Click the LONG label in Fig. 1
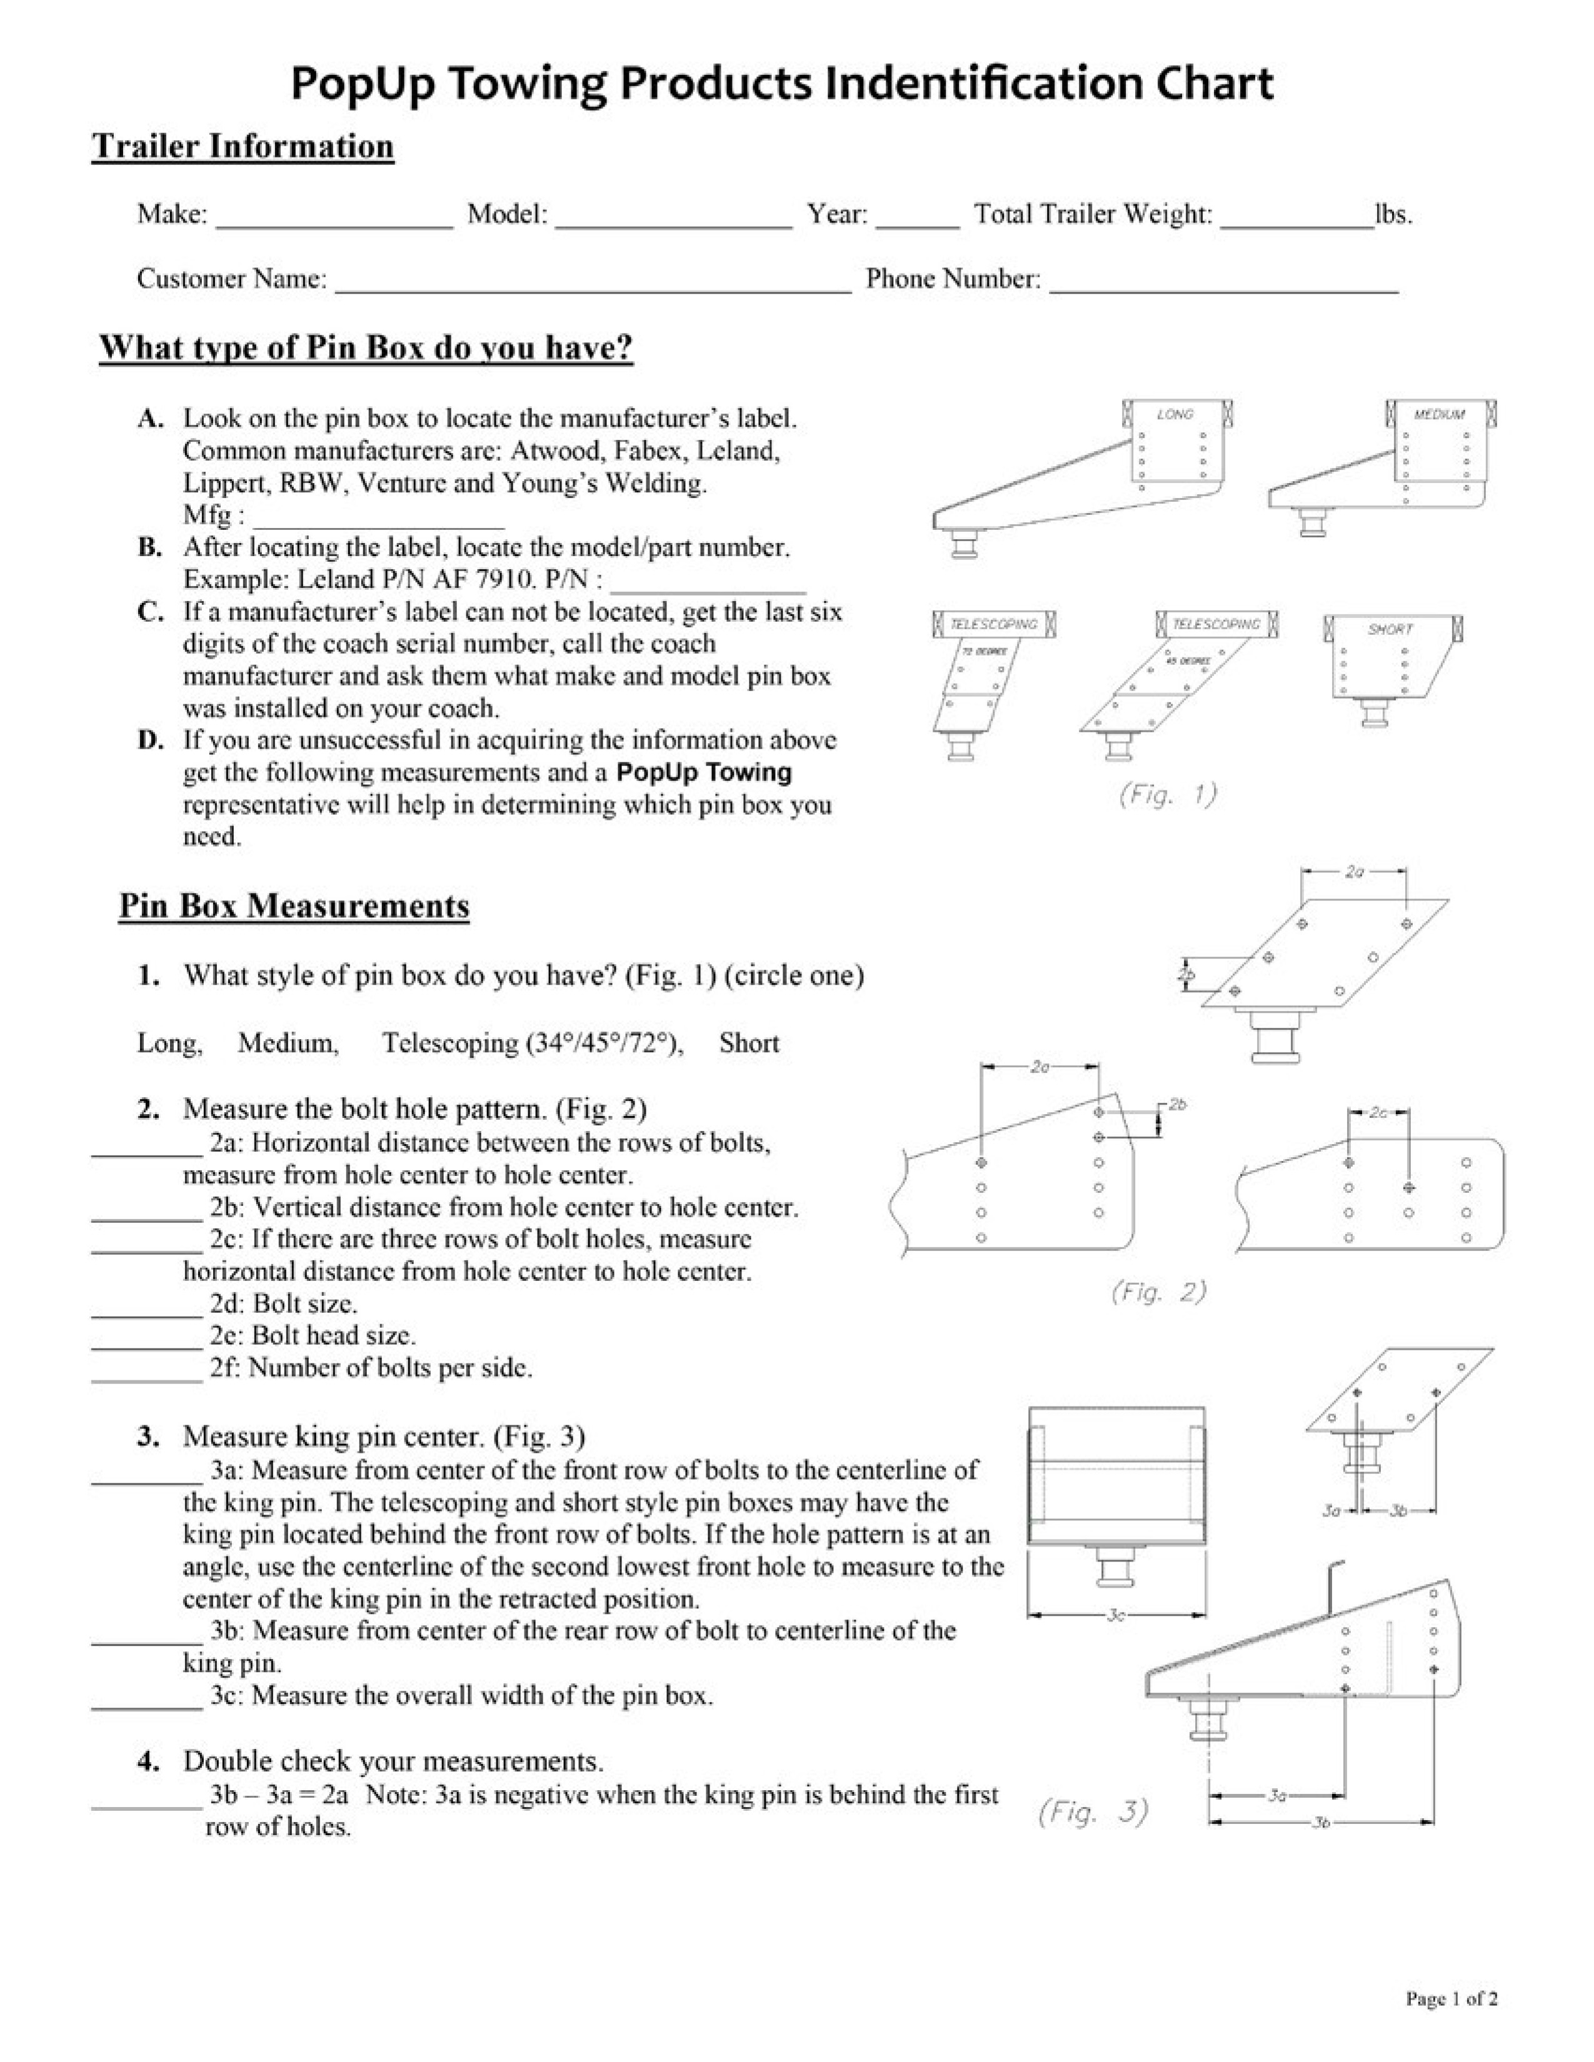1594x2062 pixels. tap(1175, 414)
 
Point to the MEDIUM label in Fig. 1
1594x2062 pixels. tap(1439, 414)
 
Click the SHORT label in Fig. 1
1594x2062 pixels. tap(1390, 629)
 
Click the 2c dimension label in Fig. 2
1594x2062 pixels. tap(1379, 1112)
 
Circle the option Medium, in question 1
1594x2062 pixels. tap(288, 1043)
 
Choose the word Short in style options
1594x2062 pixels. tap(749, 1043)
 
